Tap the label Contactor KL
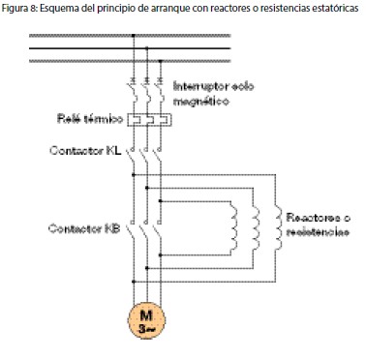(88, 152)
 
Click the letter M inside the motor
(145, 316)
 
